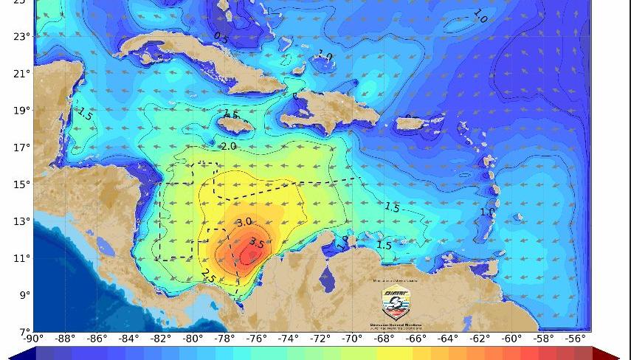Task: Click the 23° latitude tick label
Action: click(21, 36)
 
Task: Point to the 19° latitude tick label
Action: click(21, 110)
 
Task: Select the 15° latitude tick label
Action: click(21, 184)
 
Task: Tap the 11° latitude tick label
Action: click(21, 257)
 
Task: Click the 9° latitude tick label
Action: click(23, 294)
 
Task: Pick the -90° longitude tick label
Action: click(33, 339)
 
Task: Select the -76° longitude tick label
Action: click(256, 339)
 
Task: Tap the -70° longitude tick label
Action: click(351, 339)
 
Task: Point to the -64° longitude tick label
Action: click(447, 339)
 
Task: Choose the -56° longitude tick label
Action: click(575, 339)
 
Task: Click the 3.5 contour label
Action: click(256, 243)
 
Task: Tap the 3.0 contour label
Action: click(244, 222)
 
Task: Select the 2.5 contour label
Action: click(207, 276)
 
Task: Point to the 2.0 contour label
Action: click(229, 147)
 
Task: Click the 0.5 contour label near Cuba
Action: click(221, 36)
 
